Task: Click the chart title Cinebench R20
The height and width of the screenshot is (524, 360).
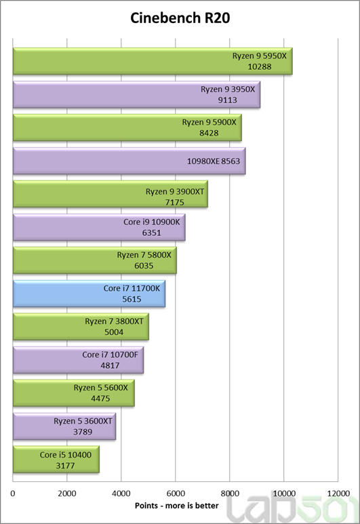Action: [180, 18]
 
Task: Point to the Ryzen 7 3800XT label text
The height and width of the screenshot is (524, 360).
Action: [114, 321]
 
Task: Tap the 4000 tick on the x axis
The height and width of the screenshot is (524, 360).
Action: [121, 494]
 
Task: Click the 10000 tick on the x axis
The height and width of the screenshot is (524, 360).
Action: [283, 494]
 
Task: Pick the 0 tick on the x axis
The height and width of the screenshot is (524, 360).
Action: [13, 494]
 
